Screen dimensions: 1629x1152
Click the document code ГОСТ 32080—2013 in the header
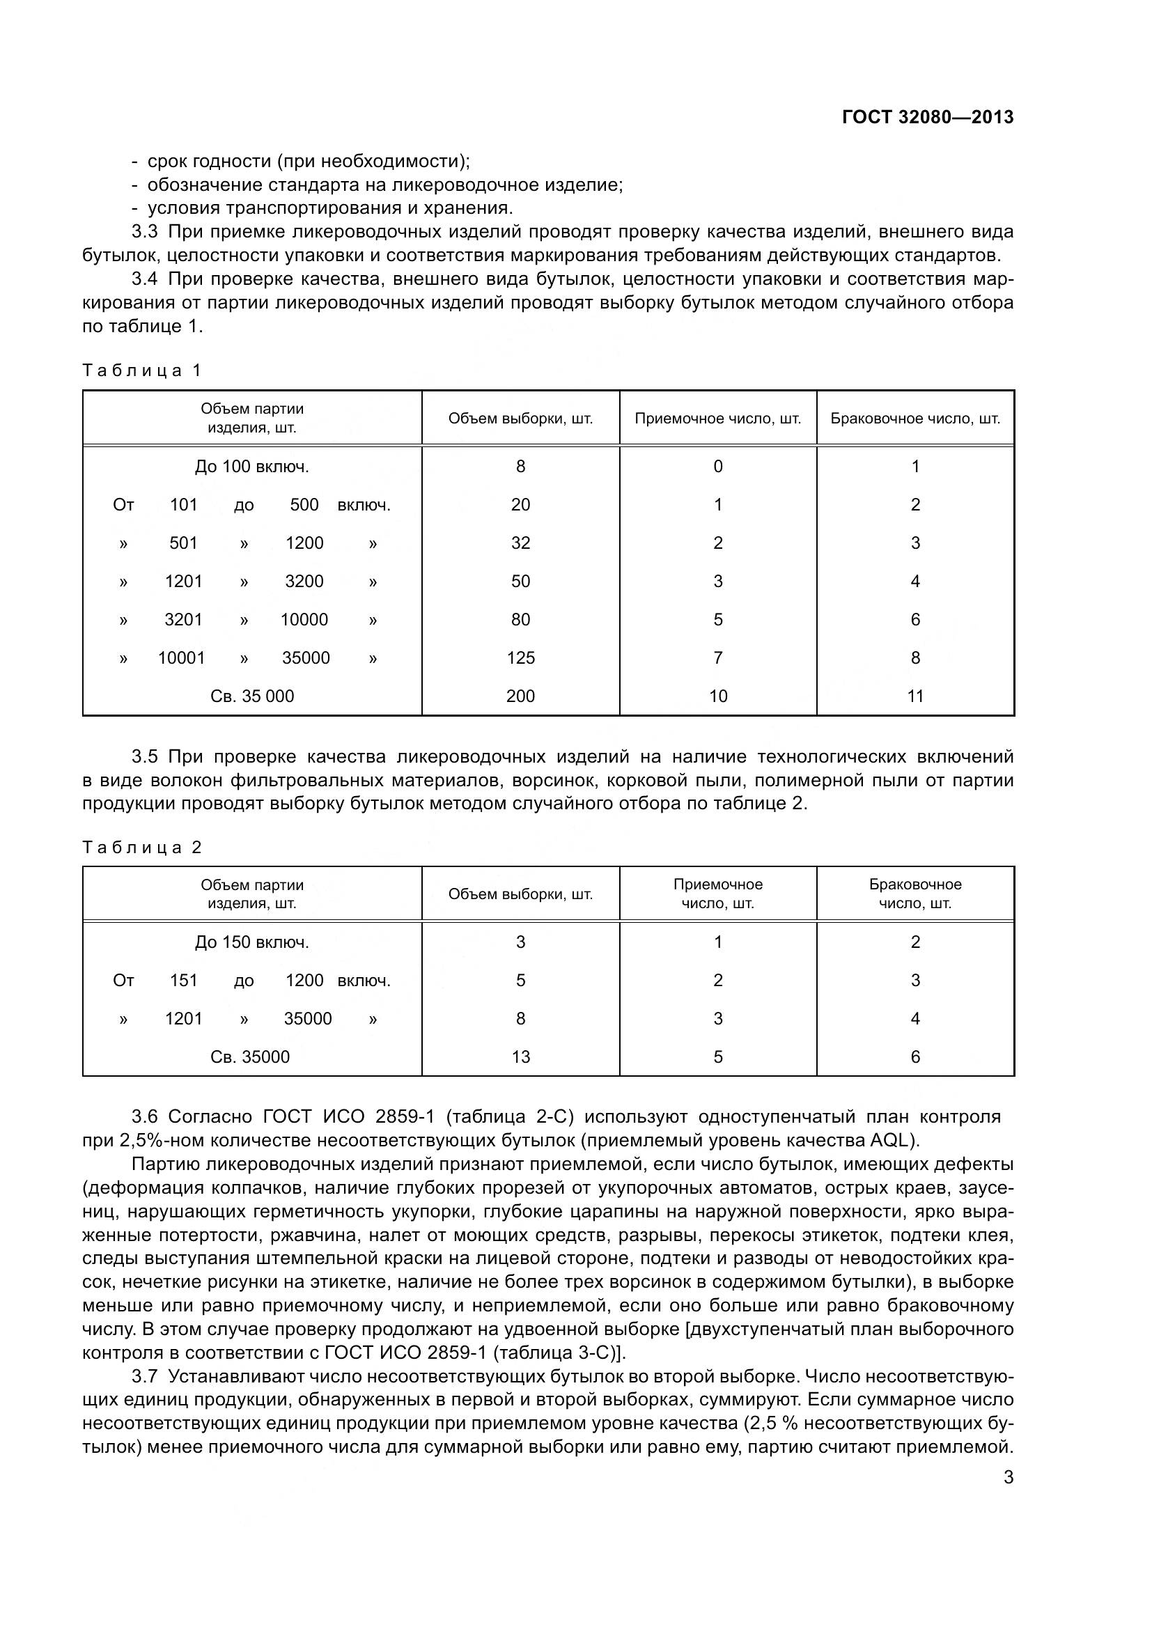(927, 118)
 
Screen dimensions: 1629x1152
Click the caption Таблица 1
(142, 371)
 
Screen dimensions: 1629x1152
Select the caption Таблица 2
(142, 847)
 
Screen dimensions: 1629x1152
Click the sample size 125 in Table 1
(520, 657)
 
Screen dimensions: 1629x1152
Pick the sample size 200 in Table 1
(520, 696)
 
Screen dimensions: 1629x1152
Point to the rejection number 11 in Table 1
(915, 696)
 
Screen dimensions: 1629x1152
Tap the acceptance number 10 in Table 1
(718, 696)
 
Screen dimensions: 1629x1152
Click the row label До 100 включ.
(252, 467)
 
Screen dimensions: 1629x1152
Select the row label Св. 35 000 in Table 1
(252, 696)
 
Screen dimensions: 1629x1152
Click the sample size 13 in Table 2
(520, 1057)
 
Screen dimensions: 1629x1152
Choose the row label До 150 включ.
(252, 942)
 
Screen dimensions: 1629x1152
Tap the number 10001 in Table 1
(182, 657)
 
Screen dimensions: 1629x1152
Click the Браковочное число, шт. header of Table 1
(915, 419)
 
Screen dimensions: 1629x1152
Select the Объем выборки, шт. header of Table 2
(520, 894)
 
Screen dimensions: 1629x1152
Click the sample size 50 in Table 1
(520, 581)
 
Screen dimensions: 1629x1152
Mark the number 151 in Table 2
(183, 981)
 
